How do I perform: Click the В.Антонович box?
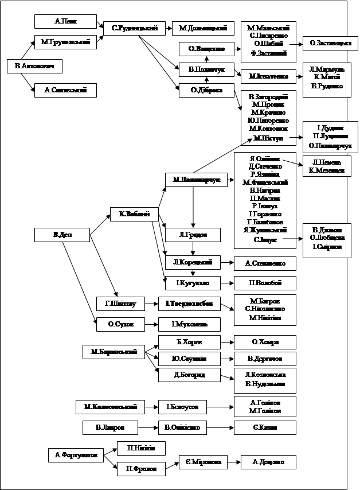[30, 67]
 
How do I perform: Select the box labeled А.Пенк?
[65, 21]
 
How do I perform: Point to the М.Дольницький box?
[203, 28]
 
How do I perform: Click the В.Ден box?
[62, 235]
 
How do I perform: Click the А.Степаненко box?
[265, 263]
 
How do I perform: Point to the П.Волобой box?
[265, 283]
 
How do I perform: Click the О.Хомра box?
[265, 343]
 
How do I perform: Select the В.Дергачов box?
[265, 359]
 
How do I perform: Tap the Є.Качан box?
[265, 428]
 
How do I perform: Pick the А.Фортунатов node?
[76, 456]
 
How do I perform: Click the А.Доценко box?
[268, 461]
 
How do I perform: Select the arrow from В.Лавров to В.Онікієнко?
[148, 428]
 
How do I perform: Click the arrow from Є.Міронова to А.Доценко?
[231, 461]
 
